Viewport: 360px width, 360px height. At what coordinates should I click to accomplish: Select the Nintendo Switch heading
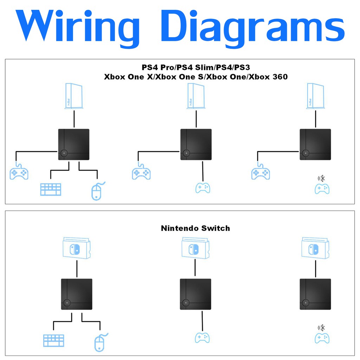(x=195, y=228)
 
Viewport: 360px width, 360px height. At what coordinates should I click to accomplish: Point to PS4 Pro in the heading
(x=158, y=67)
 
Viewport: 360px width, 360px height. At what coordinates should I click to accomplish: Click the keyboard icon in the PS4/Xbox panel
(x=51, y=189)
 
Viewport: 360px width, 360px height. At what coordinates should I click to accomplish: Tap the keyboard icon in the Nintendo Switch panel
(x=54, y=340)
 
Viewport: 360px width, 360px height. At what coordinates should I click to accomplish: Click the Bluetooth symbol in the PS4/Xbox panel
(x=321, y=178)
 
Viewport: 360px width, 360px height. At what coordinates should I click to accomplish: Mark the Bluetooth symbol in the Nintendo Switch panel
(x=321, y=328)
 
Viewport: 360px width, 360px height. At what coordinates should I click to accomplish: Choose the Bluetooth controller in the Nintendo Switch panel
(x=322, y=338)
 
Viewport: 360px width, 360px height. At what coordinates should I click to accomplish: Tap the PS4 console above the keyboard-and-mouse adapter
(x=73, y=96)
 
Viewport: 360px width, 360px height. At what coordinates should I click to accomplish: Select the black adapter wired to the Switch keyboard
(x=77, y=294)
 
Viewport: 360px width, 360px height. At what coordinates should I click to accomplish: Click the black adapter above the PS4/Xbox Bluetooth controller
(x=315, y=144)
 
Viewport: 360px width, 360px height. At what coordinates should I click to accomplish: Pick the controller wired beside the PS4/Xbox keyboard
(x=19, y=173)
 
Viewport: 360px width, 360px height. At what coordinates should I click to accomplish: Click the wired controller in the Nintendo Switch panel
(x=202, y=337)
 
